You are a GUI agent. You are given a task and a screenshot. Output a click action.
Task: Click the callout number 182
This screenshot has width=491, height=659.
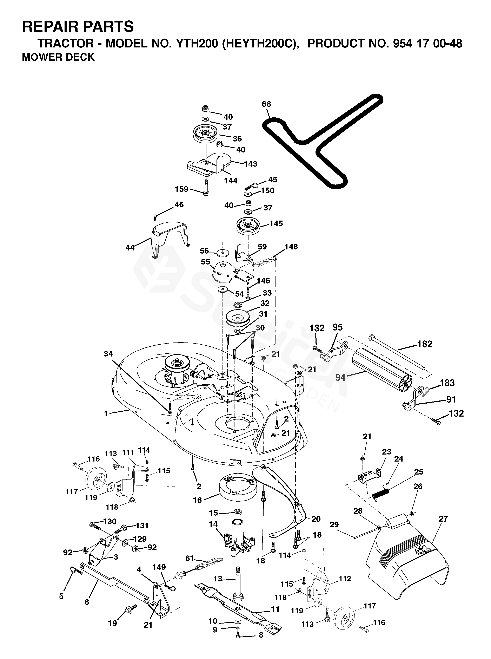tap(425, 344)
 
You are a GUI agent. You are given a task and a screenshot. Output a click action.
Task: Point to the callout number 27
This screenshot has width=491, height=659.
tap(443, 527)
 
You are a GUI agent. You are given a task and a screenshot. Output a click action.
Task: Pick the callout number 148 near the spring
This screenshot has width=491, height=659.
tap(291, 247)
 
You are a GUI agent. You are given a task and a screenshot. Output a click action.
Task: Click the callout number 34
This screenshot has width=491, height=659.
tap(108, 354)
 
